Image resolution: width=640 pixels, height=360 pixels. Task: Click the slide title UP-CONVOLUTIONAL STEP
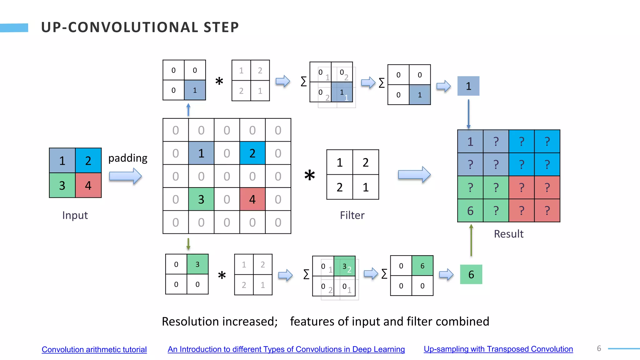click(140, 27)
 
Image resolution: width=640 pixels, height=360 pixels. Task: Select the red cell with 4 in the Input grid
click(88, 186)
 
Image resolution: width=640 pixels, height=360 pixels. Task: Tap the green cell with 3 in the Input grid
click(62, 186)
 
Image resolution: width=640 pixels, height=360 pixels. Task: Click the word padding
click(128, 158)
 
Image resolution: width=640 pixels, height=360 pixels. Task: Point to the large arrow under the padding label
click(125, 176)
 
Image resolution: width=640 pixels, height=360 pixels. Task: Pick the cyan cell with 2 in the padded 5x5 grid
click(252, 153)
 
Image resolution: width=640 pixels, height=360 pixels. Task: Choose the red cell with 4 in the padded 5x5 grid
click(252, 199)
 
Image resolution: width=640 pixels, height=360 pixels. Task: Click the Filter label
click(352, 215)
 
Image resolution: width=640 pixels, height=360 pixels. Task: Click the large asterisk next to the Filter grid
click(309, 176)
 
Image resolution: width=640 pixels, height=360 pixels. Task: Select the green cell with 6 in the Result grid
click(470, 211)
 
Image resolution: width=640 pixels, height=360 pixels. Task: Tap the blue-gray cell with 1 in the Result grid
click(470, 142)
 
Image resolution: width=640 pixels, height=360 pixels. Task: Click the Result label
click(508, 234)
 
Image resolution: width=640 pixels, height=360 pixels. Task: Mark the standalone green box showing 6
click(471, 274)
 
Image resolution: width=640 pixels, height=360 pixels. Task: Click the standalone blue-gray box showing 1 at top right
click(468, 86)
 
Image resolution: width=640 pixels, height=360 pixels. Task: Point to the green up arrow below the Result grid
click(471, 240)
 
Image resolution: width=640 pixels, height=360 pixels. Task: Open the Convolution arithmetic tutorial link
click(94, 349)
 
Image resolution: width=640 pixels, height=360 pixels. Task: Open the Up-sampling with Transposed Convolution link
click(498, 349)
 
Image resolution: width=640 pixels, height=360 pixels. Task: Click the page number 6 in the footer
click(599, 348)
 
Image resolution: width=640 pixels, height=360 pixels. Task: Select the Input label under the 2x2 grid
click(75, 215)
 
